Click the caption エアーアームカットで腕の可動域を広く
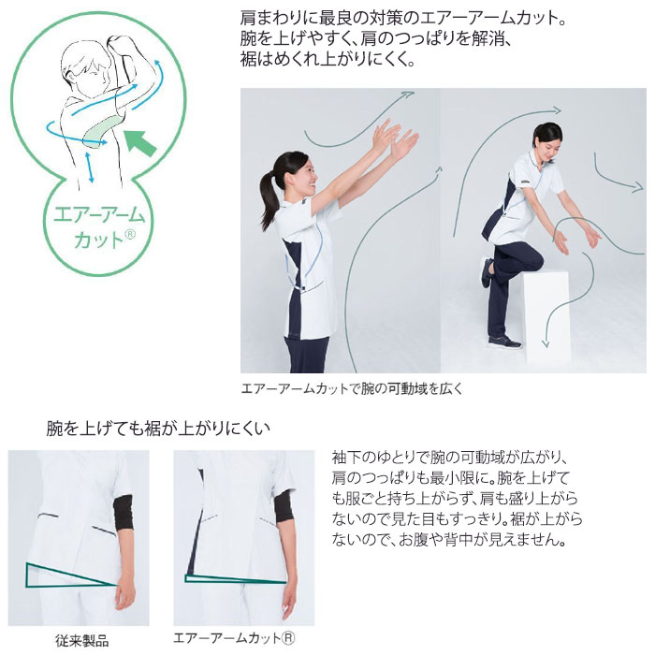(x=352, y=387)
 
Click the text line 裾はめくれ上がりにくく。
(x=327, y=58)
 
